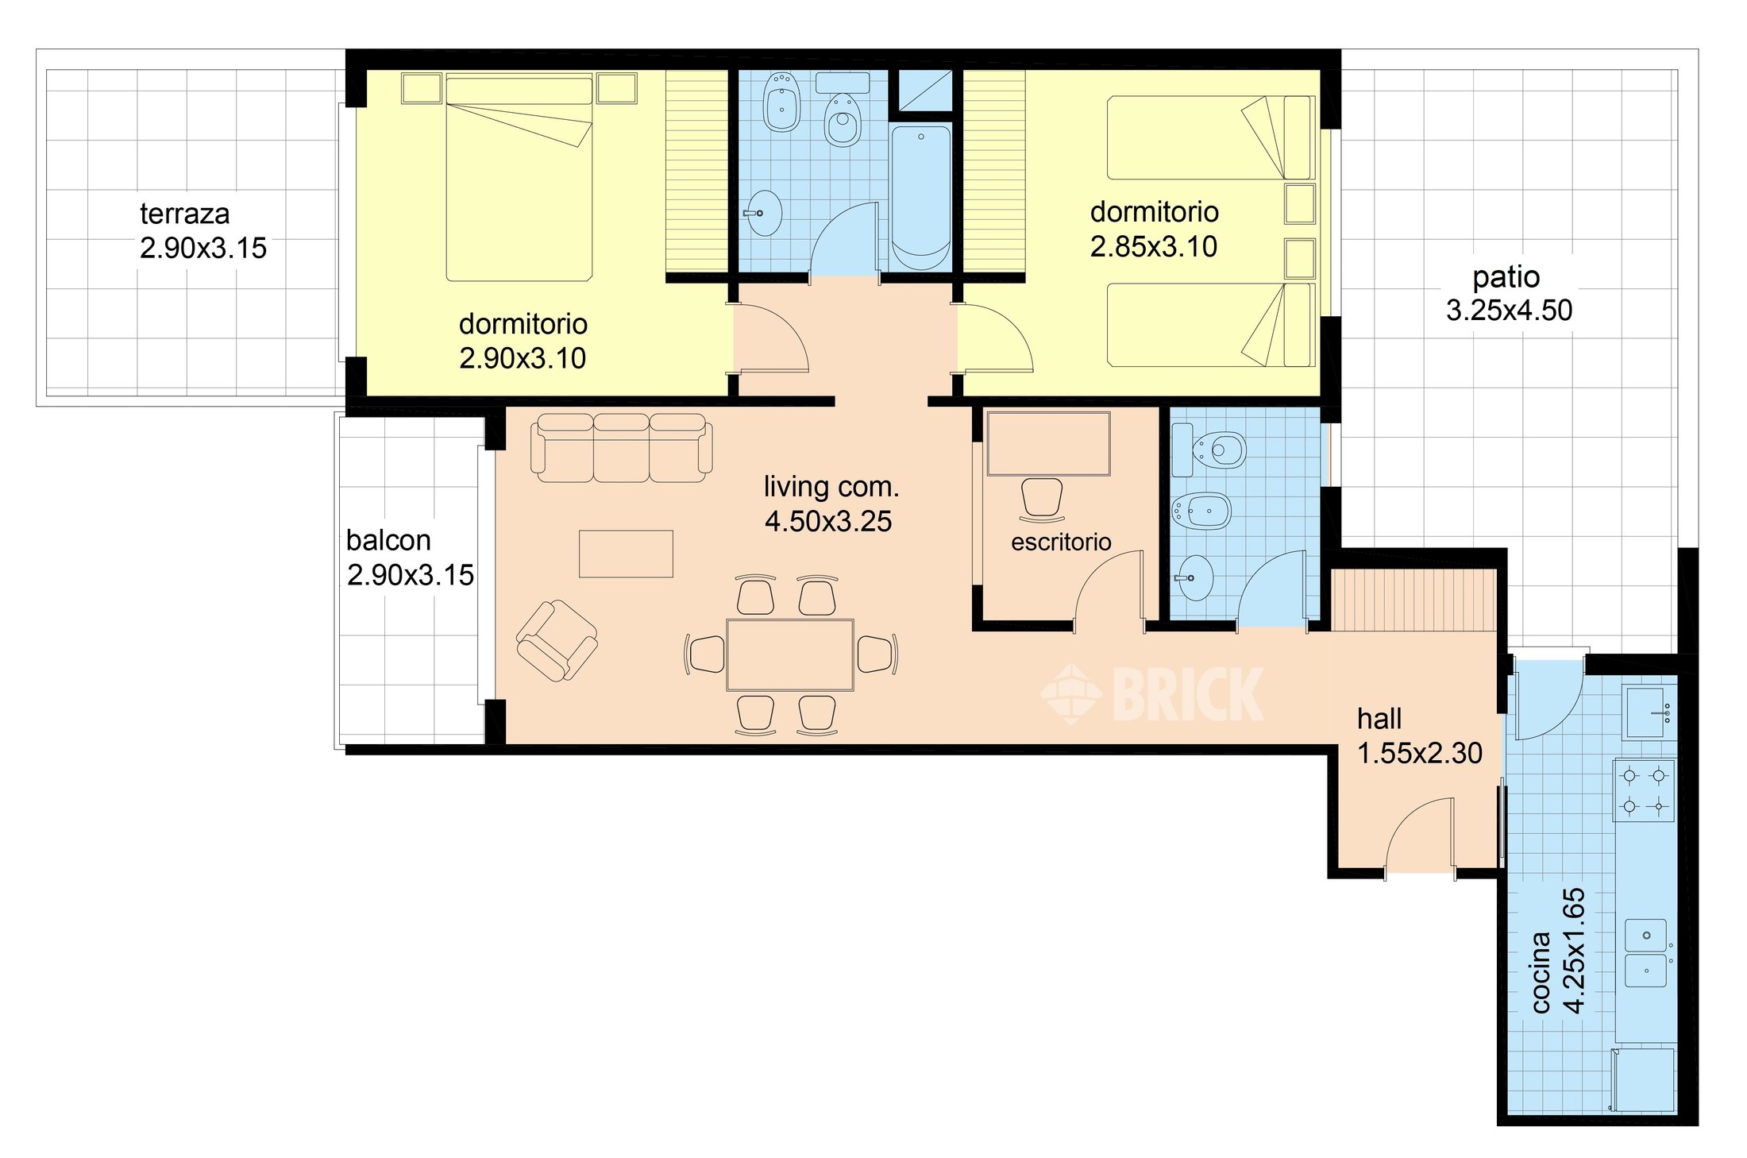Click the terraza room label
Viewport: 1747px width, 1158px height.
click(x=185, y=214)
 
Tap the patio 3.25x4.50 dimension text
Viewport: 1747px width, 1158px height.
click(x=1509, y=310)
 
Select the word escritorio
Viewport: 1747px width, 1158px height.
click(x=1061, y=542)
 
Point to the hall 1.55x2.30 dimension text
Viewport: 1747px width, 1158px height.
click(x=1420, y=753)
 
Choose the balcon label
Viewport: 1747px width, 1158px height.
click(x=388, y=540)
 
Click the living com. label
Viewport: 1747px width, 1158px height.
click(x=831, y=486)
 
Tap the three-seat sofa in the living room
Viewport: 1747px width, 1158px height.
click(x=625, y=447)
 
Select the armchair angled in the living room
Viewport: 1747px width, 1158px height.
click(x=557, y=641)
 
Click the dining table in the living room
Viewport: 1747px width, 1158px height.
click(x=790, y=654)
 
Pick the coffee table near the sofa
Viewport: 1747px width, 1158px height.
click(x=626, y=553)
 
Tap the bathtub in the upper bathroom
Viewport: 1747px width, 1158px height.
click(x=921, y=198)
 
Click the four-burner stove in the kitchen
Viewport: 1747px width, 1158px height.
click(x=1644, y=790)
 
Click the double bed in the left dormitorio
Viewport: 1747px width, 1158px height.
click(x=519, y=178)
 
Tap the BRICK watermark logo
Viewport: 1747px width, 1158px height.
click(x=1151, y=695)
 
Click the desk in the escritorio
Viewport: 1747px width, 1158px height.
click(x=1048, y=443)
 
